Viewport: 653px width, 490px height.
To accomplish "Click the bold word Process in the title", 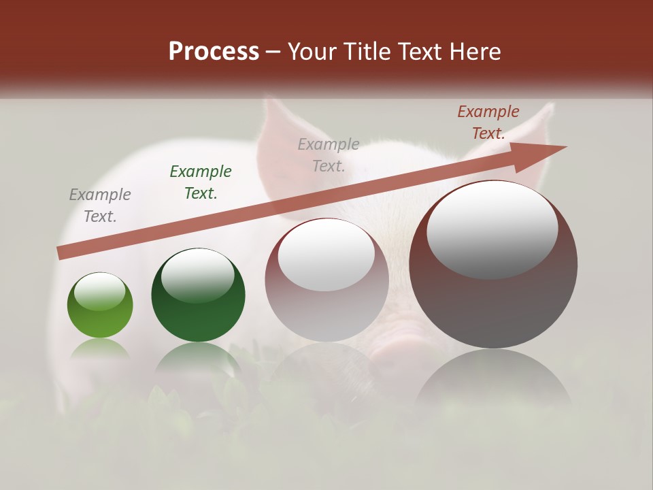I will pyautogui.click(x=214, y=52).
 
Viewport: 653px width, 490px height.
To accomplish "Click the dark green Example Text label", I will pyautogui.click(x=201, y=182).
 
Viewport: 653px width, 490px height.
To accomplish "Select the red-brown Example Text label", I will pyautogui.click(x=488, y=122).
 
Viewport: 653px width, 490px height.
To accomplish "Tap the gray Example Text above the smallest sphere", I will pyautogui.click(x=100, y=205).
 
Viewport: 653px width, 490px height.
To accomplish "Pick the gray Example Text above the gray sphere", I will pyautogui.click(x=329, y=154).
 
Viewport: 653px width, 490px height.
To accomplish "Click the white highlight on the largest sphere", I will pyautogui.click(x=492, y=230).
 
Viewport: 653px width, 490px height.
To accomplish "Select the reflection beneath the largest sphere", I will pyautogui.click(x=493, y=381).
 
